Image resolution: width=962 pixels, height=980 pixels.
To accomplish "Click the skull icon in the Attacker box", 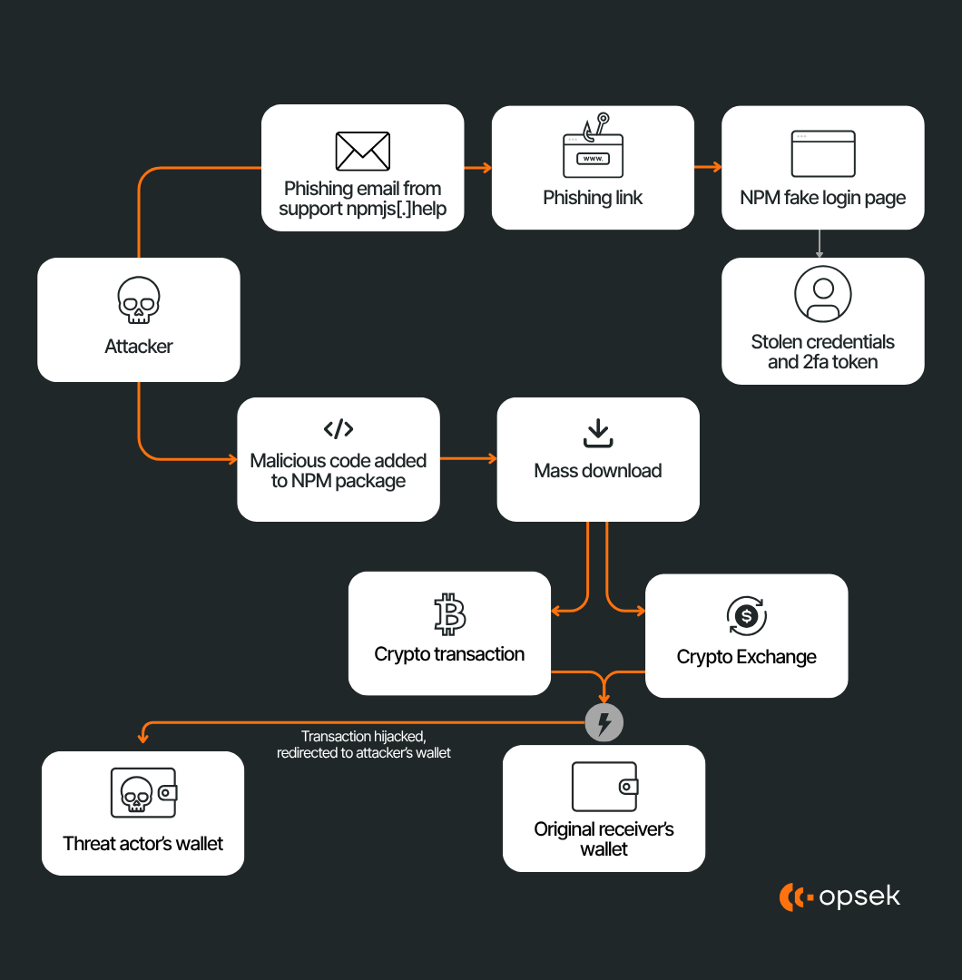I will (x=139, y=301).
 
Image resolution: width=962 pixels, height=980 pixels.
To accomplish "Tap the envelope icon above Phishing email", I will (x=363, y=152).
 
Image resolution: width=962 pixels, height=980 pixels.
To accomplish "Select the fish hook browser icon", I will (x=593, y=150).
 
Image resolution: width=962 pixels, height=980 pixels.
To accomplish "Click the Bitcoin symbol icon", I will (x=449, y=614).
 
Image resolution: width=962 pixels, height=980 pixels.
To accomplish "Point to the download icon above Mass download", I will (x=597, y=433).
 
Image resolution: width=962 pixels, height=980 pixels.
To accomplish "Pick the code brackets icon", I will (x=339, y=429).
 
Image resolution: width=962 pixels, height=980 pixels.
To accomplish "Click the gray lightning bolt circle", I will (x=604, y=723).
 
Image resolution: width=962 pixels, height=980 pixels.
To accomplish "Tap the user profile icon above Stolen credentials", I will (x=822, y=294).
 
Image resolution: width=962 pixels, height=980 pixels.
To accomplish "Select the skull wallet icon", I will (x=143, y=792).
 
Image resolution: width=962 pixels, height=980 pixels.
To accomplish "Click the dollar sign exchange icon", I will (x=746, y=617).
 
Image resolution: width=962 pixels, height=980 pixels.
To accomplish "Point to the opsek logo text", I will (x=859, y=897).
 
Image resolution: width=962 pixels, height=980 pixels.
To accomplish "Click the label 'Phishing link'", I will (x=593, y=198).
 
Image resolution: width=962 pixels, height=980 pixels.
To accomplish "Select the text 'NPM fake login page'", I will (x=822, y=198).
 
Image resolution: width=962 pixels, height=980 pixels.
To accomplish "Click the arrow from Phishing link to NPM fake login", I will (x=708, y=168).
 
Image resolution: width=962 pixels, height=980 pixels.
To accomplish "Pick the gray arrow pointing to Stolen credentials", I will (x=820, y=243).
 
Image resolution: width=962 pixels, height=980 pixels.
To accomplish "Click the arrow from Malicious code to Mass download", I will (x=468, y=459).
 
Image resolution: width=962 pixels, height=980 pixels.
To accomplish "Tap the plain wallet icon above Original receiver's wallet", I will (x=604, y=786).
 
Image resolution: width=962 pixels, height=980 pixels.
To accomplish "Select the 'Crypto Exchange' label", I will (x=746, y=657).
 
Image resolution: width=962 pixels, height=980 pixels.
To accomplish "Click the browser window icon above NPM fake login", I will (x=822, y=153).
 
